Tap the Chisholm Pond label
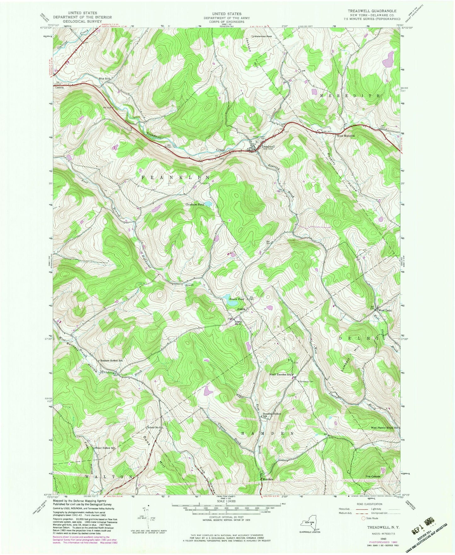195,204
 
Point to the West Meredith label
346,136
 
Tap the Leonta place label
60,88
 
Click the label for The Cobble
373,476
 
